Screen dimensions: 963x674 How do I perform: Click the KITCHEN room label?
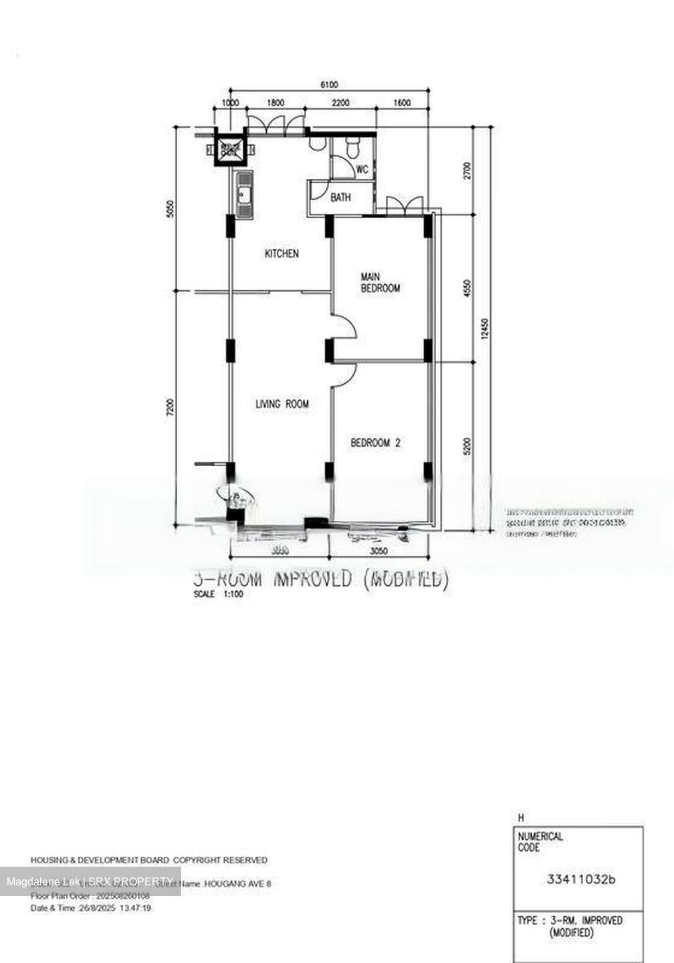point(282,254)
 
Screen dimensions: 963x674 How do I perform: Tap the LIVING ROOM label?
point(282,404)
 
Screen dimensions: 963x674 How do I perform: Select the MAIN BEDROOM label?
point(380,282)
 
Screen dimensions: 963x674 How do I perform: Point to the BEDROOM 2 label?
point(376,443)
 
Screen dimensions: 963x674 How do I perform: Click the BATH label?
point(340,198)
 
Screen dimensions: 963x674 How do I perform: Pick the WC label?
point(362,170)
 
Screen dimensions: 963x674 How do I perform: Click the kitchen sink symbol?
point(244,195)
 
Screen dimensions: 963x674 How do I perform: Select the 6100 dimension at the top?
point(329,84)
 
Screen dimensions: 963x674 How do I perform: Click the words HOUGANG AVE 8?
point(238,884)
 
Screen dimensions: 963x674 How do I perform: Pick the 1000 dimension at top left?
point(230,103)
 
